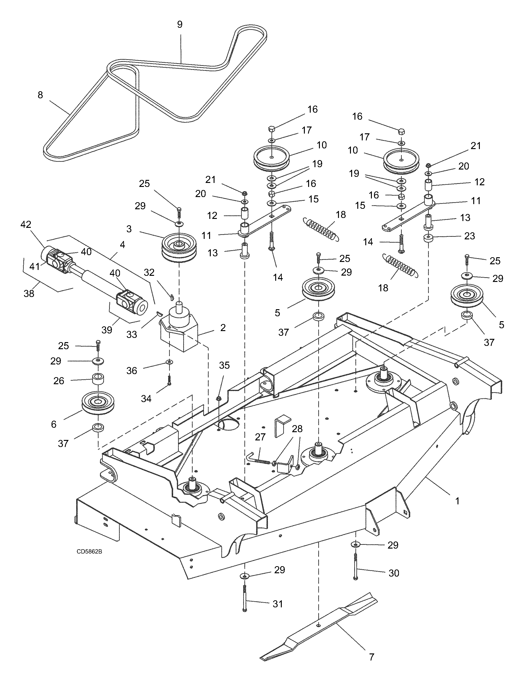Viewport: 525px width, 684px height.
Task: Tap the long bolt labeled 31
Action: (x=245, y=597)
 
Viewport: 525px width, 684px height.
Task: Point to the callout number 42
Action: (x=26, y=225)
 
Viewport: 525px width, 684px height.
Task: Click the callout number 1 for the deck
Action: (x=457, y=501)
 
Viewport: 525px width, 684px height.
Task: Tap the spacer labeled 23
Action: (x=428, y=239)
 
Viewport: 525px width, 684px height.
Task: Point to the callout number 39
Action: (x=107, y=330)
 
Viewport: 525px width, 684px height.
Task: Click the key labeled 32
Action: (x=171, y=297)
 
